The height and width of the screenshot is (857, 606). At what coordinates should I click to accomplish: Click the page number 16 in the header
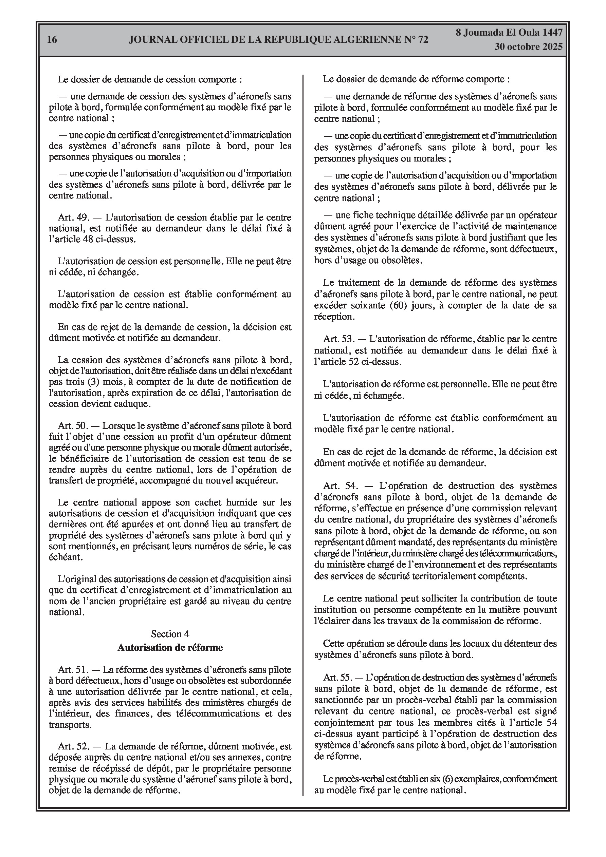coord(52,39)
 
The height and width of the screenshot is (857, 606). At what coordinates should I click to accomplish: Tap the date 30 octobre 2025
coord(528,47)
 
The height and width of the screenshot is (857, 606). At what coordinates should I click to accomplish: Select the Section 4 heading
coord(170,634)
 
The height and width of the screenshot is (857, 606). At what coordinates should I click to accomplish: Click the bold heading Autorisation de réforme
coord(170,648)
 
